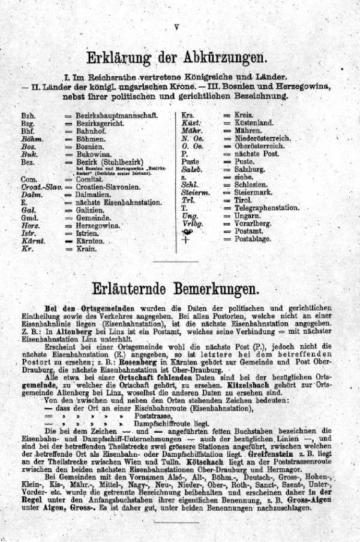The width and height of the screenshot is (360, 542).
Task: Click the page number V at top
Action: pyautogui.click(x=176, y=26)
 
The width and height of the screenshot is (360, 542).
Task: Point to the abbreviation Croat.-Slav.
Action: pyautogui.click(x=41, y=187)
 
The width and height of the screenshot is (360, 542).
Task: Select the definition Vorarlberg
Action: pyautogui.click(x=254, y=223)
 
